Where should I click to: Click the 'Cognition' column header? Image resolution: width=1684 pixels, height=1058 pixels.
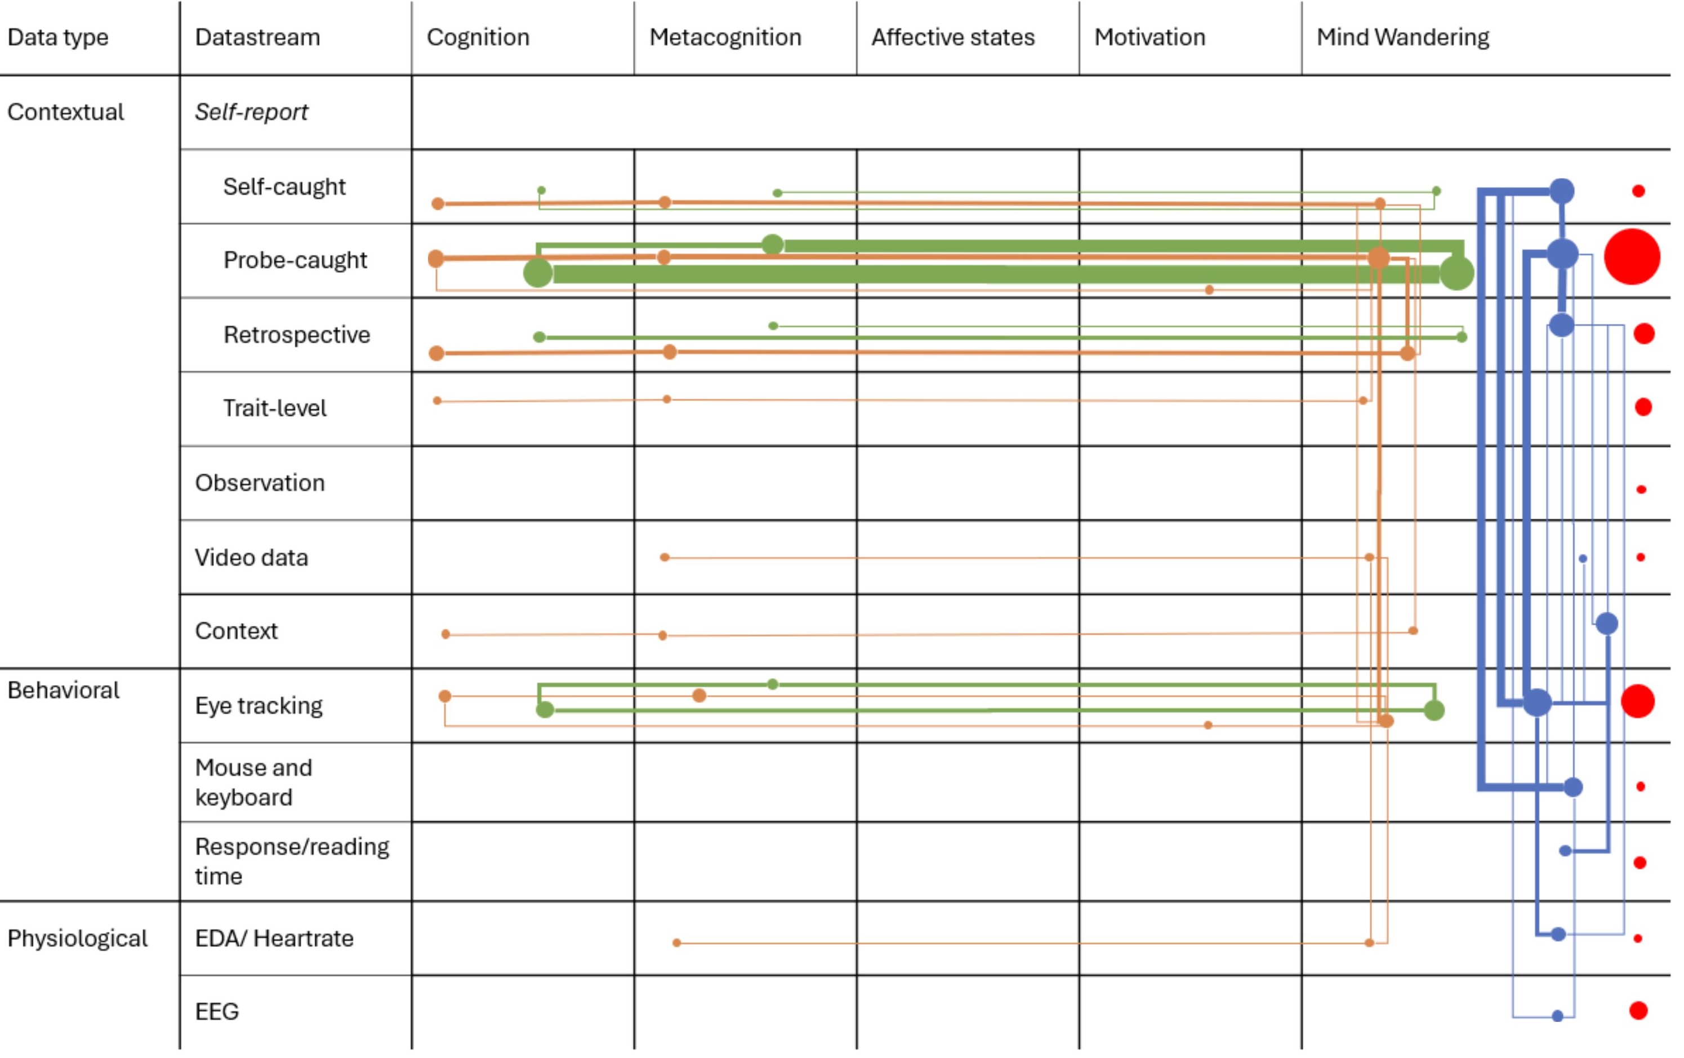tap(478, 37)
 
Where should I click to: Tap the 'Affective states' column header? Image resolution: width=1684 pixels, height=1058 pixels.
tap(952, 37)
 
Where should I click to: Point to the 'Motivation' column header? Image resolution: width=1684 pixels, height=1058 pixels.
tap(1149, 37)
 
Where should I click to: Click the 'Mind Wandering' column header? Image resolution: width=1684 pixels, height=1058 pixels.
tap(1402, 37)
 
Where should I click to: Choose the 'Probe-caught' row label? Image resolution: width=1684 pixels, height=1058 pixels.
tap(295, 260)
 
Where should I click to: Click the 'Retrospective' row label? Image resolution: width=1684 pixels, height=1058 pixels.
tap(296, 335)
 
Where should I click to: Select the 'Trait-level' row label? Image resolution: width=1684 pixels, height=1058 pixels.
tap(274, 408)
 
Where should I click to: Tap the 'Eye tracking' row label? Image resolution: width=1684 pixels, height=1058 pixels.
tap(259, 705)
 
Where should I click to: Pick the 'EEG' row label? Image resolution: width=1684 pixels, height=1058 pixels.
tap(217, 1011)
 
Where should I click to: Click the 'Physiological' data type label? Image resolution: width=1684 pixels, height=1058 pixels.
tap(77, 939)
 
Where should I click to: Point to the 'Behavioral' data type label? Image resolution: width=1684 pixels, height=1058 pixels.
tap(63, 691)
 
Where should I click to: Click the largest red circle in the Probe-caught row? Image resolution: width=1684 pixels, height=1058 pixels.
tap(1632, 257)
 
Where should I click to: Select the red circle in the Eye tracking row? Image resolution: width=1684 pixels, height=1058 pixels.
tap(1637, 701)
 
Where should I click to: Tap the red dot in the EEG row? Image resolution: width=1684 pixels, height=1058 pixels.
tap(1638, 1011)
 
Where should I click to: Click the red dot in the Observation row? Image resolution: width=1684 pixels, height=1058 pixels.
tap(1641, 490)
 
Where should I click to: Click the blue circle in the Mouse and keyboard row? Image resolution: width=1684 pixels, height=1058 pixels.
tap(1573, 787)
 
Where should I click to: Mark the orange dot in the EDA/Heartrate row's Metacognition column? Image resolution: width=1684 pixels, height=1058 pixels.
tap(676, 943)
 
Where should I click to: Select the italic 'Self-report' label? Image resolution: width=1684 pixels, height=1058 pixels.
tap(251, 112)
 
